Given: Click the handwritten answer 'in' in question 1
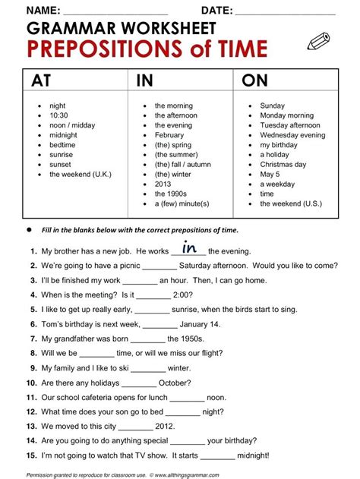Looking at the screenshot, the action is coord(189,247).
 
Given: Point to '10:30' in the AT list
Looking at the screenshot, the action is coord(60,115).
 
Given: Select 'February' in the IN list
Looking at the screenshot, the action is coord(169,135).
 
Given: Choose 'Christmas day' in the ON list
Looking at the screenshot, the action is coord(283,165).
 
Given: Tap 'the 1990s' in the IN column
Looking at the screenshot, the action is coord(173,194).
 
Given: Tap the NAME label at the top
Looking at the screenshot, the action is coord(45,10).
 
